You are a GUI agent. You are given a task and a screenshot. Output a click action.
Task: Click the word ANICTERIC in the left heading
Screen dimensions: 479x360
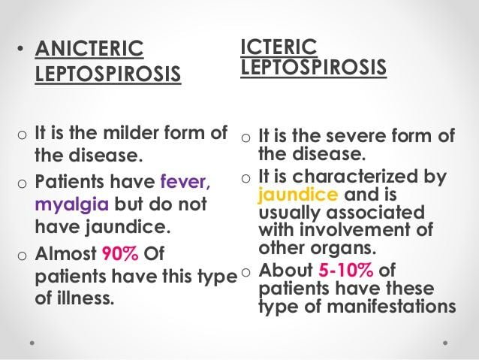(x=89, y=48)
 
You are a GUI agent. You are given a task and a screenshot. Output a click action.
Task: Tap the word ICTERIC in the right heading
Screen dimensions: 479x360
(x=279, y=47)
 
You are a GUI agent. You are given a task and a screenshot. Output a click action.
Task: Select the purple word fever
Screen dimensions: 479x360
(x=185, y=181)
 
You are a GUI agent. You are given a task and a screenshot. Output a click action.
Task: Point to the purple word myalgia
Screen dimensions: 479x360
(x=72, y=204)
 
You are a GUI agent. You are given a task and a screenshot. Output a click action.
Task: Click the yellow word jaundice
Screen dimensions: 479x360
(x=298, y=195)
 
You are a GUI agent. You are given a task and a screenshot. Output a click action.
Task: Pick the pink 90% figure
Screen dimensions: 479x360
(x=120, y=253)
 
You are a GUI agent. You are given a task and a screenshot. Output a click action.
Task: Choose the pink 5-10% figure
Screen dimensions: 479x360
(x=345, y=270)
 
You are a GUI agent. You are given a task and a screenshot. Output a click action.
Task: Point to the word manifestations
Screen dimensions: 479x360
(x=391, y=306)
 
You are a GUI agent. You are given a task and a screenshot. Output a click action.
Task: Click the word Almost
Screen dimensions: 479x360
(x=65, y=253)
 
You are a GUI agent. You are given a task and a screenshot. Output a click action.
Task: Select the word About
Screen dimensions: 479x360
(x=285, y=270)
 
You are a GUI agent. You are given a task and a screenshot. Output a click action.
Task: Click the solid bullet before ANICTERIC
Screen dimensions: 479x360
(x=20, y=48)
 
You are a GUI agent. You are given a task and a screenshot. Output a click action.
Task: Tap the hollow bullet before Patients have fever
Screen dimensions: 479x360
(x=22, y=183)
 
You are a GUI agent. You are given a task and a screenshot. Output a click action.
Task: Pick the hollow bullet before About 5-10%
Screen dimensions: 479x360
(x=246, y=272)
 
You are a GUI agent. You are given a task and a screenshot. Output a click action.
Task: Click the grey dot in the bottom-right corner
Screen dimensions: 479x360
(x=445, y=343)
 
